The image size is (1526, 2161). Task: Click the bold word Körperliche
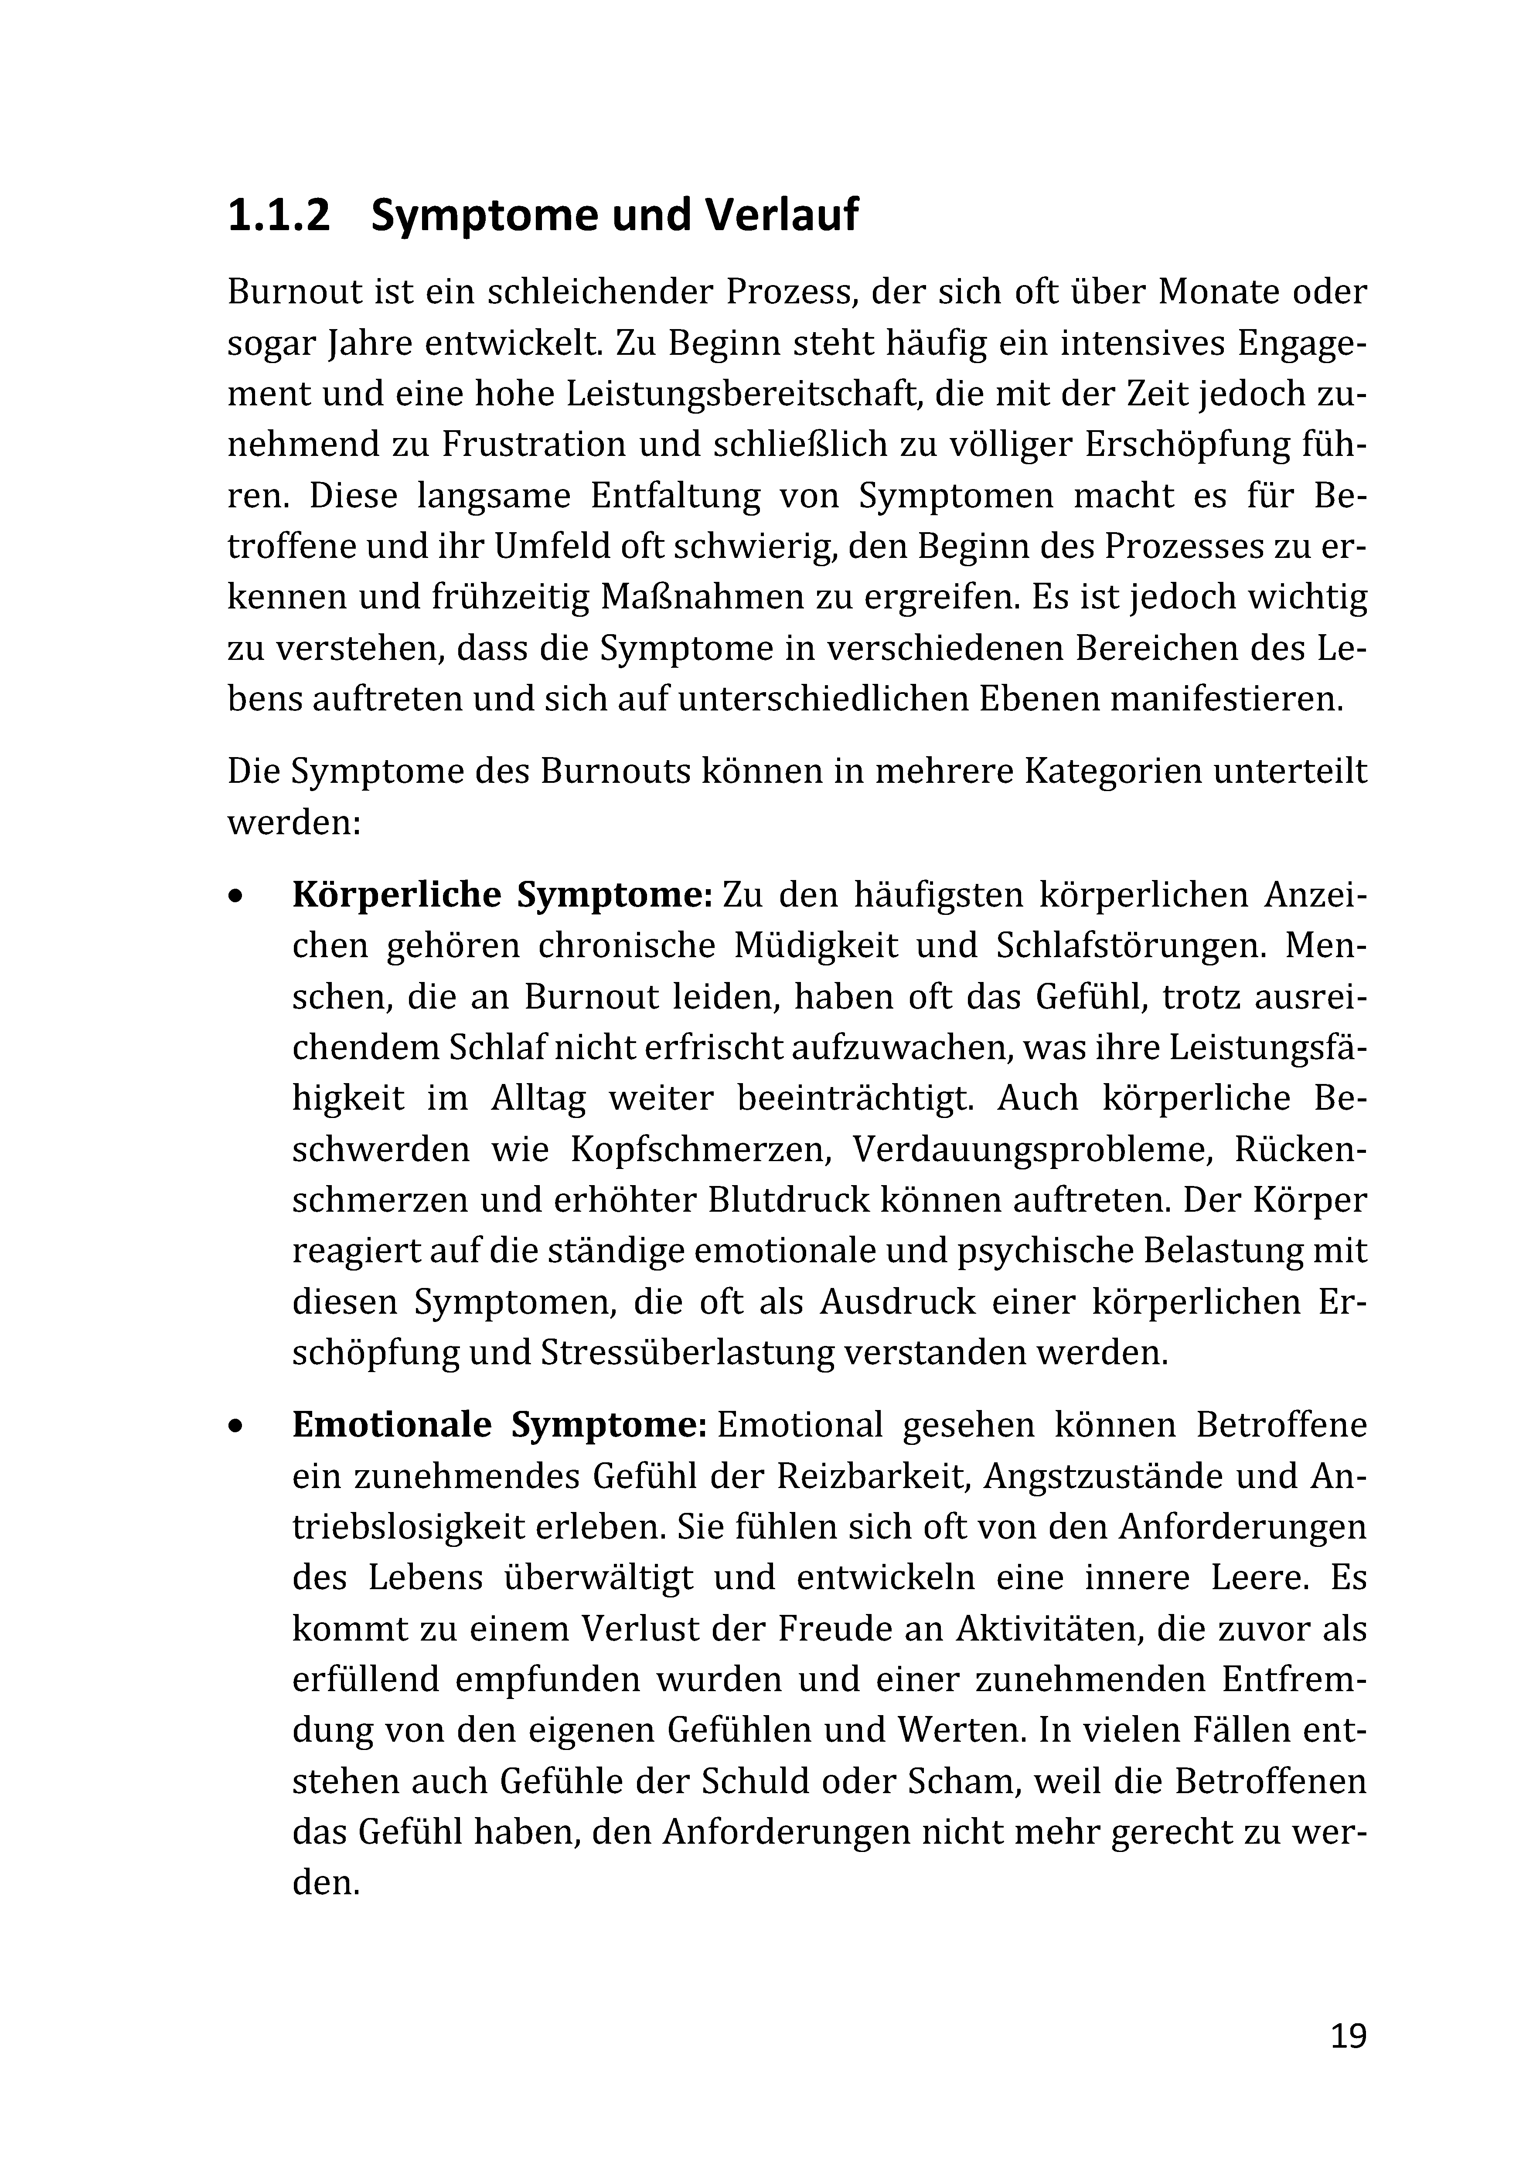[395, 894]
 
